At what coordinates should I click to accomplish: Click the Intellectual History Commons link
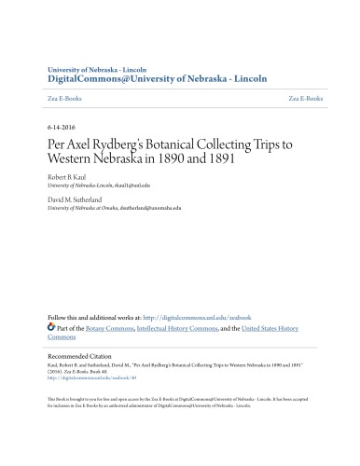click(182, 328)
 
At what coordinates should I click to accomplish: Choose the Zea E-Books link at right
click(306, 97)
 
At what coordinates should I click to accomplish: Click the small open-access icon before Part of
click(51, 328)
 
